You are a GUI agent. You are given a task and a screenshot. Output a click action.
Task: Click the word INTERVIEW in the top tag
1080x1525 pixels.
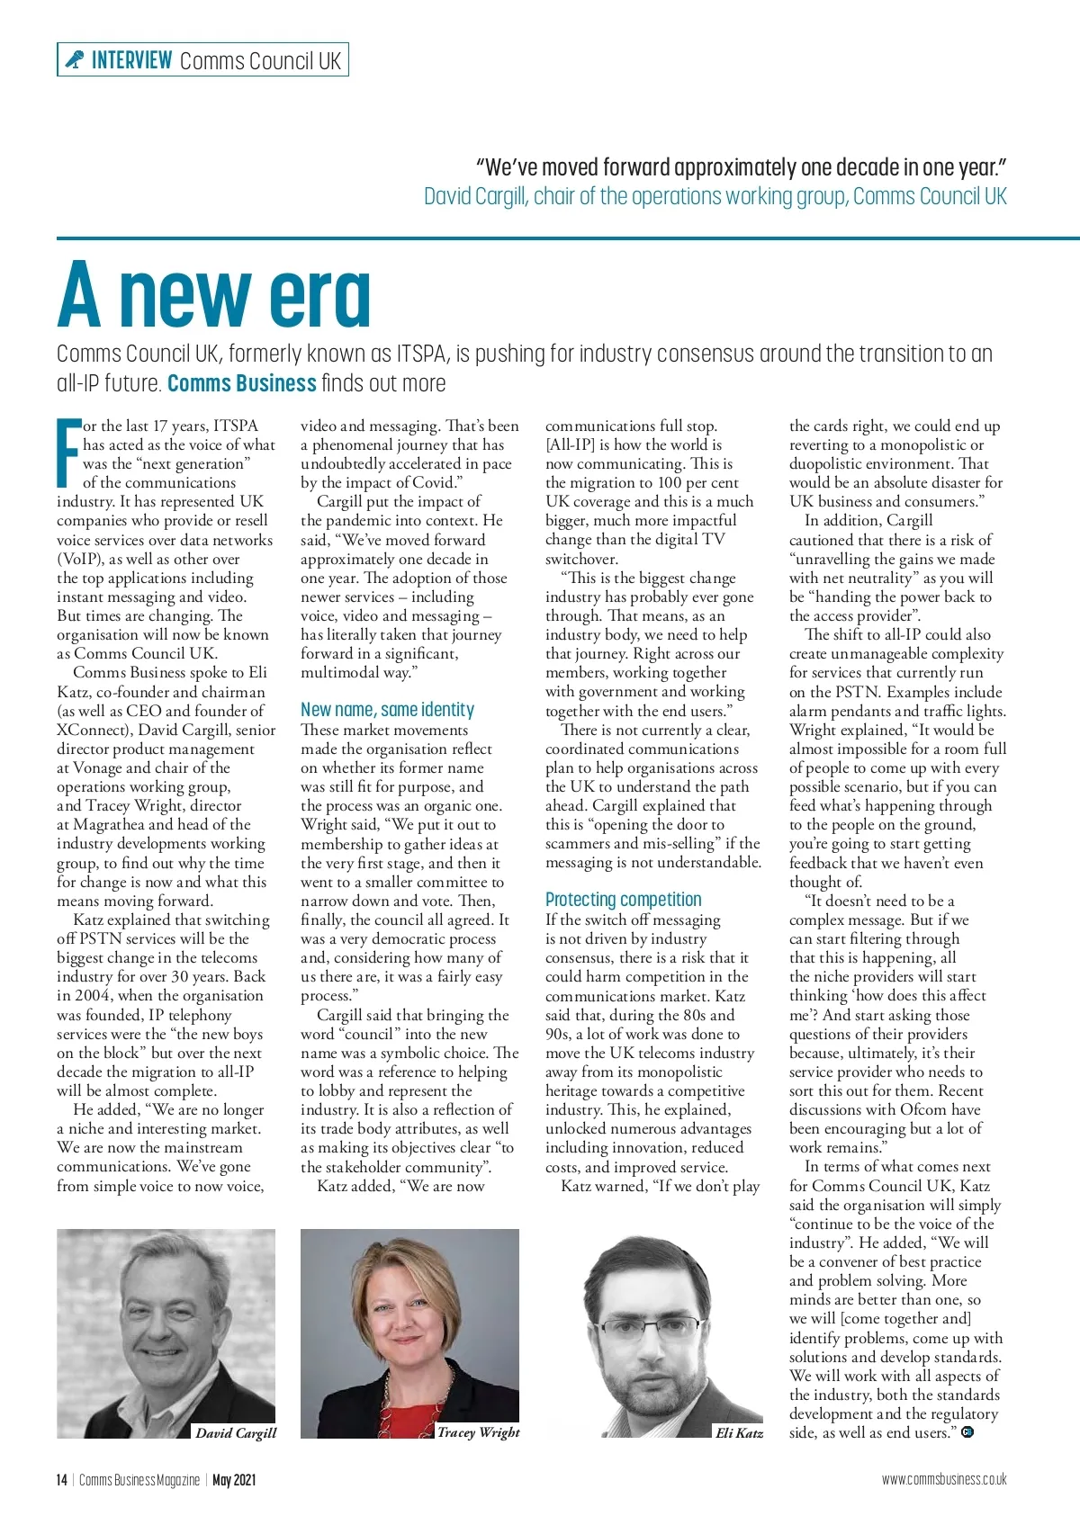pyautogui.click(x=131, y=60)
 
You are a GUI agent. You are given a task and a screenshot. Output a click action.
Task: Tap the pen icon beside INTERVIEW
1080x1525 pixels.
pyautogui.click(x=74, y=60)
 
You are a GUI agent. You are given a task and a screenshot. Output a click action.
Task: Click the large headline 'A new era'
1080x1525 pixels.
pyautogui.click(x=214, y=294)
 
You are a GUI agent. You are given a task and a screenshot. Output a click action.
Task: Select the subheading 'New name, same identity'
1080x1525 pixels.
pyautogui.click(x=387, y=710)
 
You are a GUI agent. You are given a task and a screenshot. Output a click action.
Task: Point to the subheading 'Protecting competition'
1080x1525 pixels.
pyautogui.click(x=623, y=900)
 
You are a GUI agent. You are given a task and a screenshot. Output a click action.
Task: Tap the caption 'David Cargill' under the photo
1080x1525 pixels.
pyautogui.click(x=236, y=1432)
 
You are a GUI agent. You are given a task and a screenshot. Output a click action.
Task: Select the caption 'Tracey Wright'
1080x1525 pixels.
pyautogui.click(x=478, y=1431)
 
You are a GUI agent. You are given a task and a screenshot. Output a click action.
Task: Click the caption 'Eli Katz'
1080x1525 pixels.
pyautogui.click(x=739, y=1433)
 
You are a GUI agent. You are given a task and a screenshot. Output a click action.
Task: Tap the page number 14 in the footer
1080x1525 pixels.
pyautogui.click(x=61, y=1480)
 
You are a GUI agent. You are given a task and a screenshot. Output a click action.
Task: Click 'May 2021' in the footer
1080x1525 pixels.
pyautogui.click(x=234, y=1480)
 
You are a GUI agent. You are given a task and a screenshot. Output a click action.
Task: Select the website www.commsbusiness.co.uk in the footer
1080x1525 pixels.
pyautogui.click(x=944, y=1479)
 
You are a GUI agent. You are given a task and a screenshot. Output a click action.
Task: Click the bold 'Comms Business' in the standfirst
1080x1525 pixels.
pyautogui.click(x=242, y=383)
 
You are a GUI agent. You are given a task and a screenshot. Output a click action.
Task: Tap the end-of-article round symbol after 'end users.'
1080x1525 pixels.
pyautogui.click(x=967, y=1432)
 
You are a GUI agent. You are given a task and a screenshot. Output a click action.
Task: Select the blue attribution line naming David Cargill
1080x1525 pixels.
pyautogui.click(x=715, y=196)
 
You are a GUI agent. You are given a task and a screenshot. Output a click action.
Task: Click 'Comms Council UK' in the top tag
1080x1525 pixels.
pyautogui.click(x=260, y=61)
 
